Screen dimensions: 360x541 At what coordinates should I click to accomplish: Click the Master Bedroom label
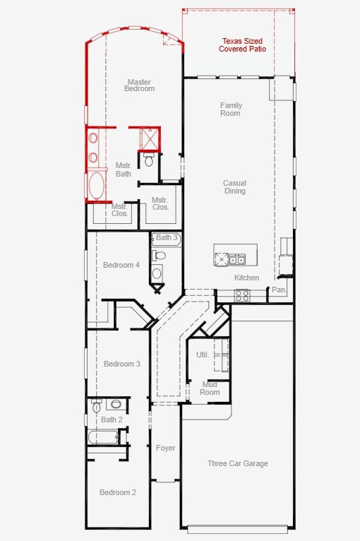pos(139,85)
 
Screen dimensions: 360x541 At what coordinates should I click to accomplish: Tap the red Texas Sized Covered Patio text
pos(242,45)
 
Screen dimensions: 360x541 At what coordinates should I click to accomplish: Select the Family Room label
pos(231,109)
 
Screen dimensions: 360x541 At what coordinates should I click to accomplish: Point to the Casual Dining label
pos(234,186)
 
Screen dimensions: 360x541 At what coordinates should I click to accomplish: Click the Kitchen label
pos(246,278)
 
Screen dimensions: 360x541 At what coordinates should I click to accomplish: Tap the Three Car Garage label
pos(238,463)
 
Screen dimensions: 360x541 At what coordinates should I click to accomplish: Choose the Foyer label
pos(165,448)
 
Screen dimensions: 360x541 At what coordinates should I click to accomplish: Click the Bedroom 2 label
pos(118,492)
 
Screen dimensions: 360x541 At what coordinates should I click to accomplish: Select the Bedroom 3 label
pos(122,364)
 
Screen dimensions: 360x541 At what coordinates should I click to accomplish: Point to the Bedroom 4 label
pos(121,265)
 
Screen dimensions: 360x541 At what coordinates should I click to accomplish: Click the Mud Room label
pos(210,388)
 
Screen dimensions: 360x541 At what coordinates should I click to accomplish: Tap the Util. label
pos(203,355)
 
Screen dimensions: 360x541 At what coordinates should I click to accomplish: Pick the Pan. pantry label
pos(279,290)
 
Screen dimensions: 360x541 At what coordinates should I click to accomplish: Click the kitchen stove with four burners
pos(241,295)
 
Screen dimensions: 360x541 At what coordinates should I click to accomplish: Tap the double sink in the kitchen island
pos(237,259)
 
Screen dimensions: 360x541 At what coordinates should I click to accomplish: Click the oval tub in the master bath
pos(96,185)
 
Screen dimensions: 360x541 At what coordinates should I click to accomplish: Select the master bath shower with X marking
pos(150,139)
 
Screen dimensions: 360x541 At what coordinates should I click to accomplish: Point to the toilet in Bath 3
pos(159,256)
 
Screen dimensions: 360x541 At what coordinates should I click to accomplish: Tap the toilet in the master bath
pos(149,160)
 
